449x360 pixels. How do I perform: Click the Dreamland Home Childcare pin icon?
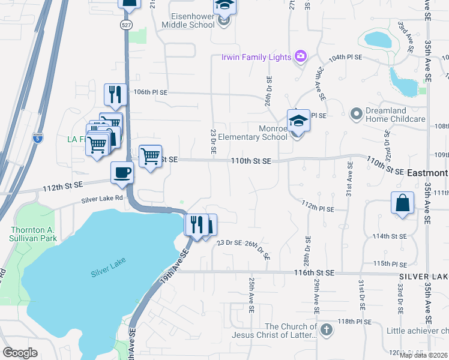pyautogui.click(x=356, y=113)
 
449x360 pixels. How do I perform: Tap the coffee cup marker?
pyautogui.click(x=122, y=173)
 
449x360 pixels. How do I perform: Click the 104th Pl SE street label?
pyautogui.click(x=346, y=57)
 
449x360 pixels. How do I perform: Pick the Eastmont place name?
pyautogui.click(x=427, y=172)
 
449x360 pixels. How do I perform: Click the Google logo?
pyautogui.click(x=20, y=353)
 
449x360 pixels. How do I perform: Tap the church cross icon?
pyautogui.click(x=325, y=329)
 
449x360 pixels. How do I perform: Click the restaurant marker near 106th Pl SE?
pyautogui.click(x=114, y=94)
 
